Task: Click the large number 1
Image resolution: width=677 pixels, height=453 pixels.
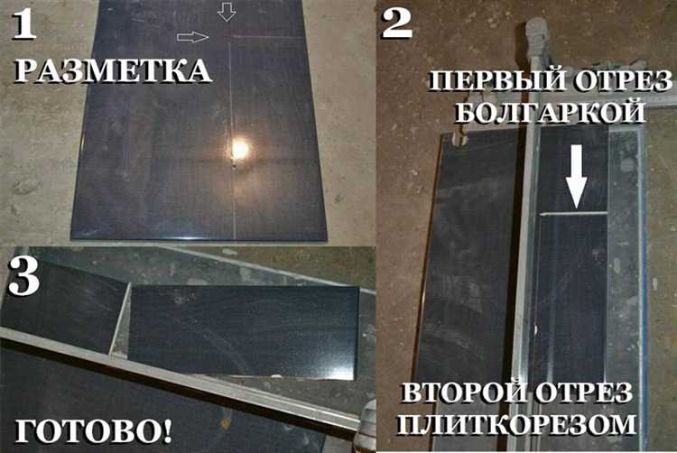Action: click(23, 27)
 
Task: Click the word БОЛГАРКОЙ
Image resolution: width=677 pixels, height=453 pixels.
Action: click(550, 114)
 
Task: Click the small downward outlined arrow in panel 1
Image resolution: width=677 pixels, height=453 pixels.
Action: click(227, 12)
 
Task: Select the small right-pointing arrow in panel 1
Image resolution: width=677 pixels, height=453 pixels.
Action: click(191, 37)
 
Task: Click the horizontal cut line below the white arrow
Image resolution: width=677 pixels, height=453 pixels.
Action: click(575, 213)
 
